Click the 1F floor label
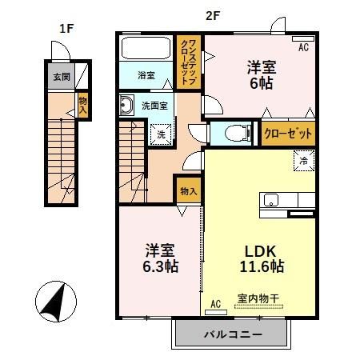click(66, 28)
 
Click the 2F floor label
click(213, 14)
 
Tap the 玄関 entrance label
click(61, 78)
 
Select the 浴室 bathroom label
click(146, 75)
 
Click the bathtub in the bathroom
click(145, 52)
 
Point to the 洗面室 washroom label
click(154, 104)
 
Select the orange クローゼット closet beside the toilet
click(283, 134)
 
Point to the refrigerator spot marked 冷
click(304, 161)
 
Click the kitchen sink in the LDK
click(271, 201)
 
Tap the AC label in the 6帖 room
click(303, 47)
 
